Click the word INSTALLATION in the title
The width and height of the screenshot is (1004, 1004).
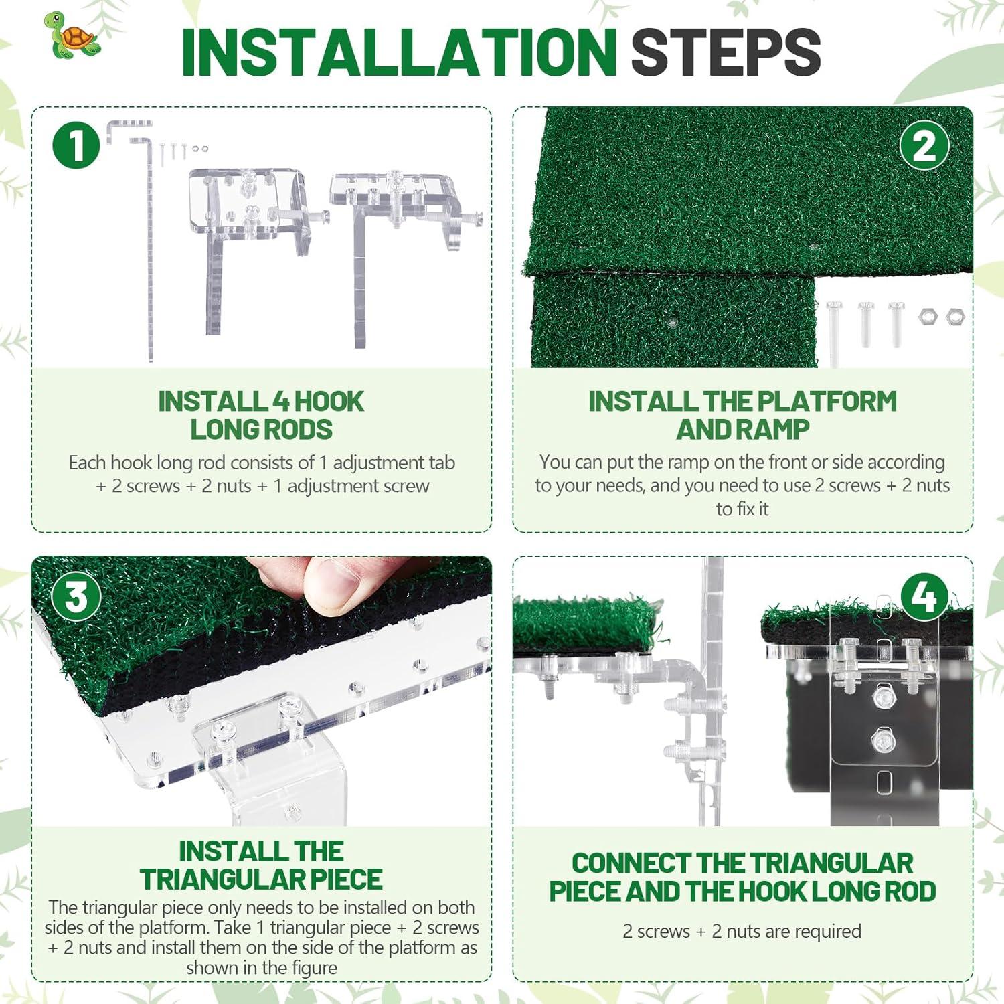(x=399, y=52)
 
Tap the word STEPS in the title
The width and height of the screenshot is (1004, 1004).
(x=726, y=52)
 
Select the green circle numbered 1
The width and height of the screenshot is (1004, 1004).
(x=76, y=145)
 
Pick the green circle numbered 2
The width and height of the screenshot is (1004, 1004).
(x=924, y=145)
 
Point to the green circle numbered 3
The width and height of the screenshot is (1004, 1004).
(x=76, y=596)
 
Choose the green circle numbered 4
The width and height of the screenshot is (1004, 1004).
(x=924, y=596)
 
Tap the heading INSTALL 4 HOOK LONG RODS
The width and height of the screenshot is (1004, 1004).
(x=261, y=416)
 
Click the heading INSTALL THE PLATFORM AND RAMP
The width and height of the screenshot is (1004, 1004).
(x=742, y=415)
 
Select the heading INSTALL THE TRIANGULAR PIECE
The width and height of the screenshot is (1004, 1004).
(x=261, y=865)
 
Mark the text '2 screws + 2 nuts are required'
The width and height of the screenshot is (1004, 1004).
(x=742, y=931)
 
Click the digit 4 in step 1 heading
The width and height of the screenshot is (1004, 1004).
(x=281, y=402)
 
